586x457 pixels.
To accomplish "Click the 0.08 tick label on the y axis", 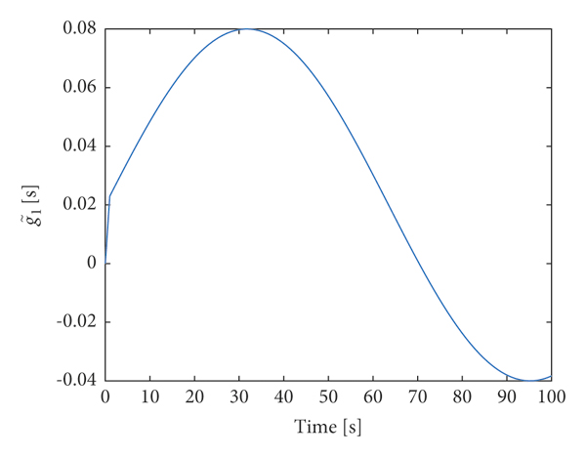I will coord(79,29).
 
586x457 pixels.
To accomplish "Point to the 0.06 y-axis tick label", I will coord(79,88).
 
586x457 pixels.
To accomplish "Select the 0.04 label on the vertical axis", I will coord(79,146).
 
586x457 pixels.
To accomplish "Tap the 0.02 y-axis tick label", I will coord(79,205).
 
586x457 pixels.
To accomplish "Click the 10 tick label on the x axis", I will coord(149,398).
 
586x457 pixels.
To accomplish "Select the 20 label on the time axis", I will coord(194,398).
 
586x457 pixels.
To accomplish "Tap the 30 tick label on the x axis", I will coord(239,398).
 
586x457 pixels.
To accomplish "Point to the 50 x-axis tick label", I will coord(328,398).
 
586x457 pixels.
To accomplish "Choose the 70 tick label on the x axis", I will coord(418,398).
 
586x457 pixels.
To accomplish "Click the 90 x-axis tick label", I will coord(507,398).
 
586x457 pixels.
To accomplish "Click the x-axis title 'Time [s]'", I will coord(328,428).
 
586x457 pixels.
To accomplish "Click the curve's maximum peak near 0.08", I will coord(247,29).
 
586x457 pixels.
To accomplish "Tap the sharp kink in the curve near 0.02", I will coord(109,196).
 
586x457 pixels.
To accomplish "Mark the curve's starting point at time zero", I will coord(105,263).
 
